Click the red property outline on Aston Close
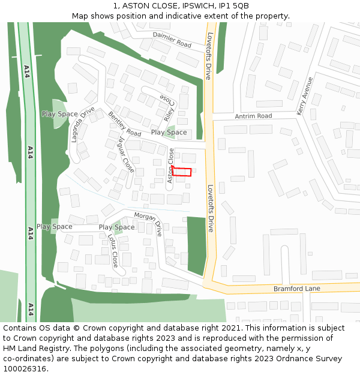pos(182,172)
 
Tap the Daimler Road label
pos(172,40)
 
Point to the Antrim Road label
pos(253,116)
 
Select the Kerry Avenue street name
pos(305,95)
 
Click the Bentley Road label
pos(125,124)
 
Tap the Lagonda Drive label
pos(83,124)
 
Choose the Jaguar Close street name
pos(126,154)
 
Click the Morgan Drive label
pos(148,223)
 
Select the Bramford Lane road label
pos(296,289)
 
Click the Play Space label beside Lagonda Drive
pos(59,114)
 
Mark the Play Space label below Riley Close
pos(169,132)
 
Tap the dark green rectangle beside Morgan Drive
pos(196,245)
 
